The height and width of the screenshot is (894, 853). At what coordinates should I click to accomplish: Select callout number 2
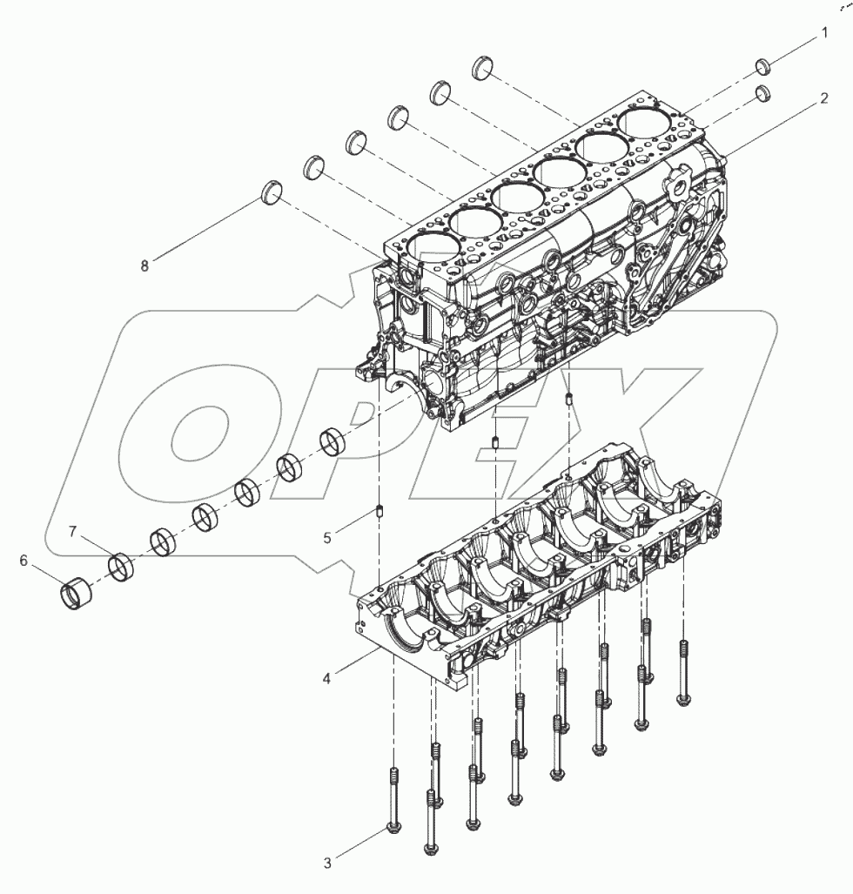(823, 99)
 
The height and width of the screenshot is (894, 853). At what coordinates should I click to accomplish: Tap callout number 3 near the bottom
(327, 864)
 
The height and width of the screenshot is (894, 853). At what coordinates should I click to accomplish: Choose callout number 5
(327, 538)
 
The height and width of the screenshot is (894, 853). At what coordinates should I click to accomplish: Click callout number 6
(24, 561)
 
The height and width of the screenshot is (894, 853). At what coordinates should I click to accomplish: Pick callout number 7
(74, 530)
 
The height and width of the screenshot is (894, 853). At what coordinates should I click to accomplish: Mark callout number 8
(144, 266)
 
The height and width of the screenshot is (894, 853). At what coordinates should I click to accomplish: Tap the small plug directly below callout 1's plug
(762, 92)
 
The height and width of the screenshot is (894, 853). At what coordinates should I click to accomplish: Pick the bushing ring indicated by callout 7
(121, 568)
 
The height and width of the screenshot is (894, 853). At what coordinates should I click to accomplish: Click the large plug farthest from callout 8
(487, 67)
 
